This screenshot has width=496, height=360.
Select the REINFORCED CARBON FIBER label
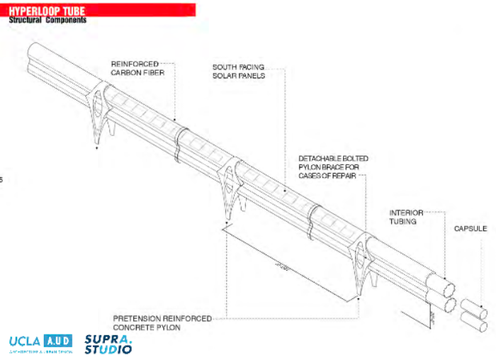(x=135, y=68)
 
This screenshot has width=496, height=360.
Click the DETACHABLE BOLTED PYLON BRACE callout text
(x=333, y=167)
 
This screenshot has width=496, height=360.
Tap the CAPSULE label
(x=470, y=229)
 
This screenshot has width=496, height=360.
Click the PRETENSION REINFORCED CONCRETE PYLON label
(x=162, y=323)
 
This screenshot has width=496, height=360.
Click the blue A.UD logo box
(x=58, y=341)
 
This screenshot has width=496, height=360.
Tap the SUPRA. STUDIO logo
(x=108, y=343)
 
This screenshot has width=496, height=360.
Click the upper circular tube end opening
(x=447, y=289)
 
